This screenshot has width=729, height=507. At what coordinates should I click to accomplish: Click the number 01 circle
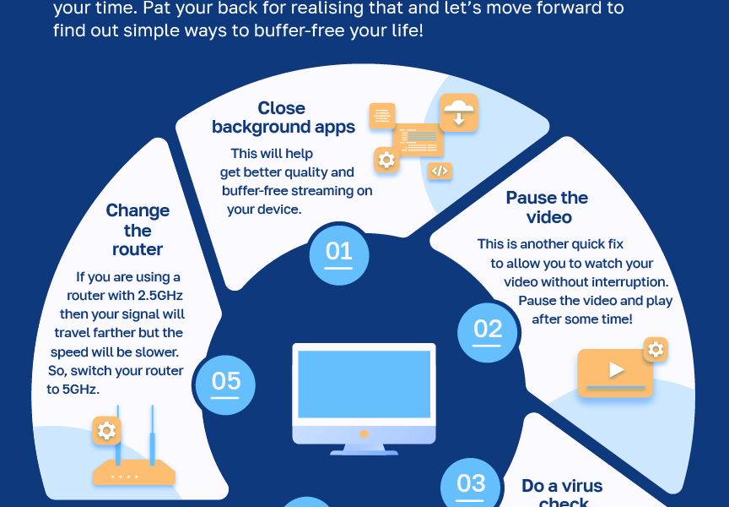339,253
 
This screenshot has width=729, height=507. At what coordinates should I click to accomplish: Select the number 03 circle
471,485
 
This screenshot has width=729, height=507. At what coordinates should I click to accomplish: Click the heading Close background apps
283,117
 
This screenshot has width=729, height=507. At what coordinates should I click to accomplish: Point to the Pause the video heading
547,208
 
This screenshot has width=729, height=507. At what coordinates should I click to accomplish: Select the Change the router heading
138,230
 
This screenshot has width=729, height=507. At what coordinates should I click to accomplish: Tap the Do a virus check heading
562,493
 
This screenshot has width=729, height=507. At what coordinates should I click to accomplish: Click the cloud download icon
459,112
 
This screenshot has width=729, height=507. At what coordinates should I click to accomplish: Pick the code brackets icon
439,171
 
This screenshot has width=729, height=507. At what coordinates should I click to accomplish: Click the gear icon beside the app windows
386,160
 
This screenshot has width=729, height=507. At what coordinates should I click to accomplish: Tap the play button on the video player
617,370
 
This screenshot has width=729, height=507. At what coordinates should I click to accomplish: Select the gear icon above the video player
656,349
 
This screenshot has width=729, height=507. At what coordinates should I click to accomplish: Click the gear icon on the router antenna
106,431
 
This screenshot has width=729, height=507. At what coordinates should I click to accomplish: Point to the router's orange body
133,475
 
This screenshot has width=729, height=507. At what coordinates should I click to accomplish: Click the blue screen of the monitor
364,384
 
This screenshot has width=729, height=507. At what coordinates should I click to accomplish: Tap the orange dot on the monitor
364,433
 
